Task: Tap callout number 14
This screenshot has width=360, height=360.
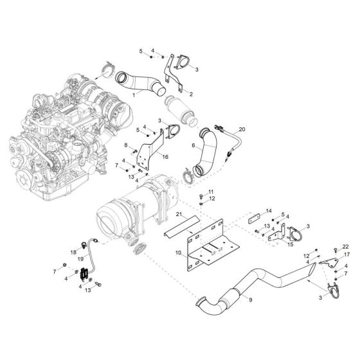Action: pos(269,211)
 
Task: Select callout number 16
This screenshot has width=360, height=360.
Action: pos(165,156)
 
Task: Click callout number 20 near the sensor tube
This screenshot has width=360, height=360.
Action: pos(242,130)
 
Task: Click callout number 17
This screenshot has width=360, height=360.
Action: pos(346,255)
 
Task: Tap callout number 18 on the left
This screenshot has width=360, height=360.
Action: pos(73,251)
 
